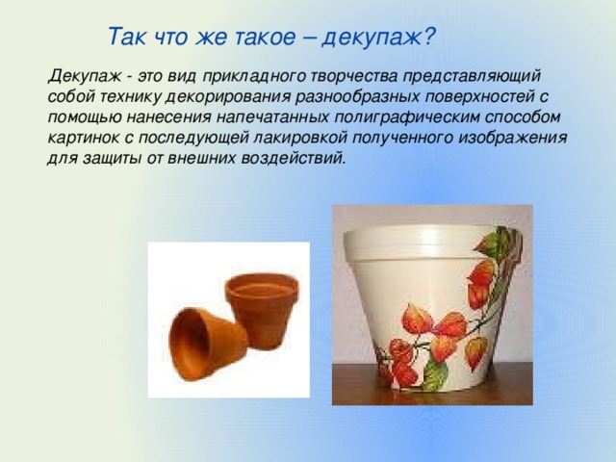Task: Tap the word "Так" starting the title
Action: click(x=125, y=37)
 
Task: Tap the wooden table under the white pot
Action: click(x=356, y=385)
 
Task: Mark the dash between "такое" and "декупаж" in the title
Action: click(x=308, y=37)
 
